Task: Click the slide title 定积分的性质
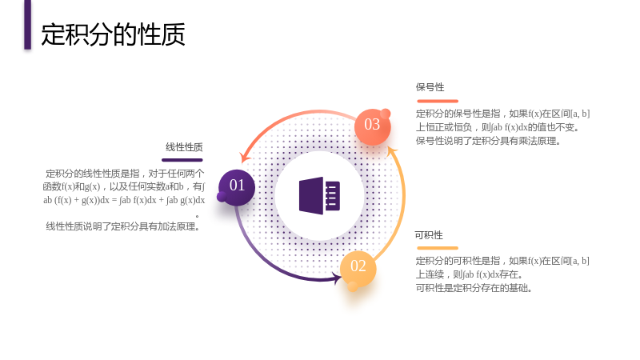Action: [x=113, y=34]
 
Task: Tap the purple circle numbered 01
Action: [x=237, y=187]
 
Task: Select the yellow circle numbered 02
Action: [x=358, y=268]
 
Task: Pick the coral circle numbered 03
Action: [x=372, y=126]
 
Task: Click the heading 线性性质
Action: [x=184, y=147]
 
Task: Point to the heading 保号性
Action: [x=430, y=87]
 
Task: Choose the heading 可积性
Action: [x=429, y=235]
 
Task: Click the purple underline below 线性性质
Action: [x=182, y=160]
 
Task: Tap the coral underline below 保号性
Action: [x=438, y=101]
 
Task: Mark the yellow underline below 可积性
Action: [x=438, y=248]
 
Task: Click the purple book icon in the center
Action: [x=319, y=195]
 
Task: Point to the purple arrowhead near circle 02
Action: [x=337, y=278]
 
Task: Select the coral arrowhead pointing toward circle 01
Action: [x=246, y=157]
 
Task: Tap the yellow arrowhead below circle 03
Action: [x=392, y=151]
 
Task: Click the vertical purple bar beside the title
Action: [x=27, y=25]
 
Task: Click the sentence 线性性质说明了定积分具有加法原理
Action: [x=122, y=226]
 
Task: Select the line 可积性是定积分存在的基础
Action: [x=474, y=288]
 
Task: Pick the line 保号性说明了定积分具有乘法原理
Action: [x=488, y=141]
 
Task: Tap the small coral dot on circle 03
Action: [x=386, y=114]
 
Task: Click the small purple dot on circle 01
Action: [x=222, y=197]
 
